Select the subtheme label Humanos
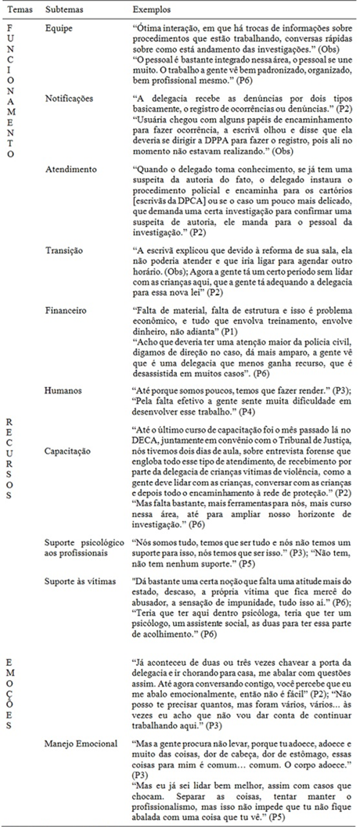pyautogui.click(x=64, y=389)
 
